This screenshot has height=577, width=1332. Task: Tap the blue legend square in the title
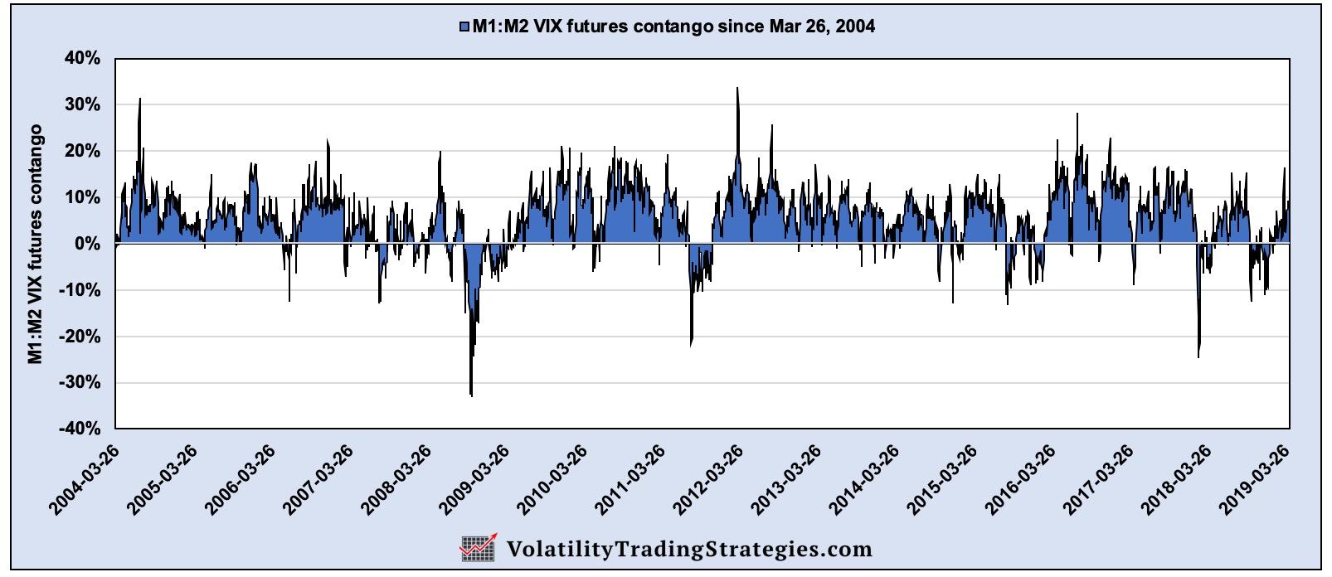464,27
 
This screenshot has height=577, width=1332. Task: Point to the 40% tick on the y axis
84,59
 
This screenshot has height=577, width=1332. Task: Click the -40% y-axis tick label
81,429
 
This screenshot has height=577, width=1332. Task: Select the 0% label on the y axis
89,244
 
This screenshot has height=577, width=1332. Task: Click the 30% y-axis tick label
84,105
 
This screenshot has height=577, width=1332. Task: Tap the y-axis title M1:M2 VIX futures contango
35,244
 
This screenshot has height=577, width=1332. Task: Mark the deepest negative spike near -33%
471,395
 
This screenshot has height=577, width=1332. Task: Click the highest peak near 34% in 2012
737,89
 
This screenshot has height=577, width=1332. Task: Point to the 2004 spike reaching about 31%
139,99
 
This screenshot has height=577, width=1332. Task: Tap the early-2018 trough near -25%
1198,356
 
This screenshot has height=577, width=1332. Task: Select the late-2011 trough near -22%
691,344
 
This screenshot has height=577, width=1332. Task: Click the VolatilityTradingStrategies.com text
688,549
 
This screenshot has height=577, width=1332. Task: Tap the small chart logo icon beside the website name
479,548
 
